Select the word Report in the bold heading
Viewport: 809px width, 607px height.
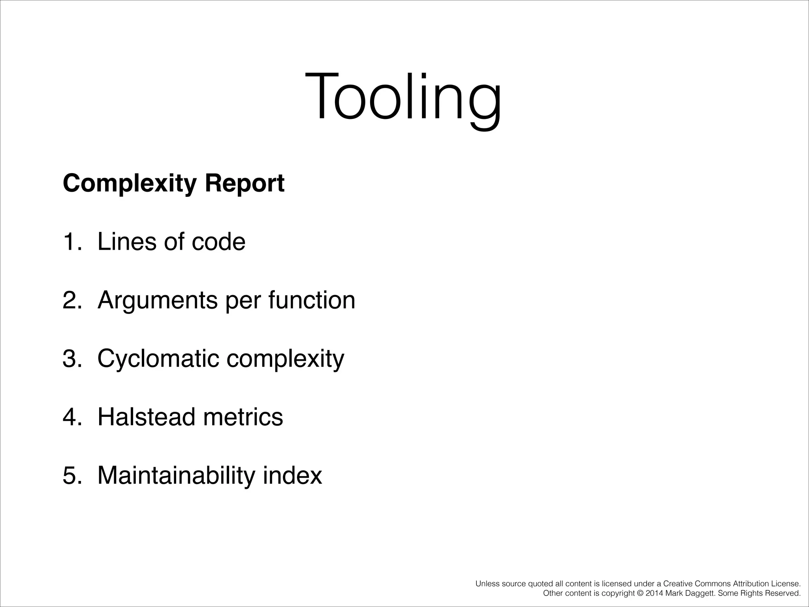pos(245,184)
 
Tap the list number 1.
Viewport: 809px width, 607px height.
pos(70,242)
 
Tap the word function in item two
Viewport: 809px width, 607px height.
pos(312,300)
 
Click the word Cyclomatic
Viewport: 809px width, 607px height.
pos(158,359)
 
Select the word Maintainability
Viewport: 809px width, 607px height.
pos(176,475)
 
